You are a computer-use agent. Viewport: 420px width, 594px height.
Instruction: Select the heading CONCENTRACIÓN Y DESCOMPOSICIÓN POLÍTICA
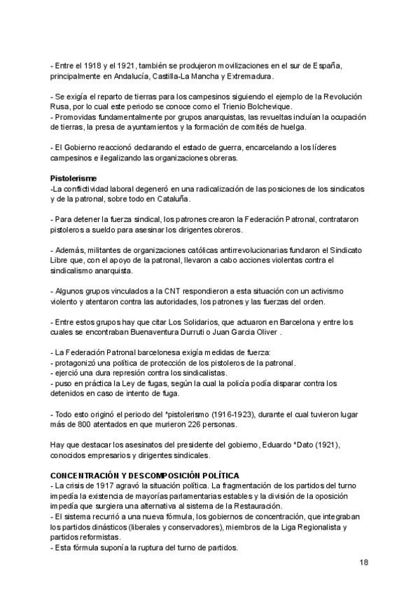coord(145,476)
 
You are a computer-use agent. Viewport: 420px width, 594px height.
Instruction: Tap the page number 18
coord(364,562)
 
